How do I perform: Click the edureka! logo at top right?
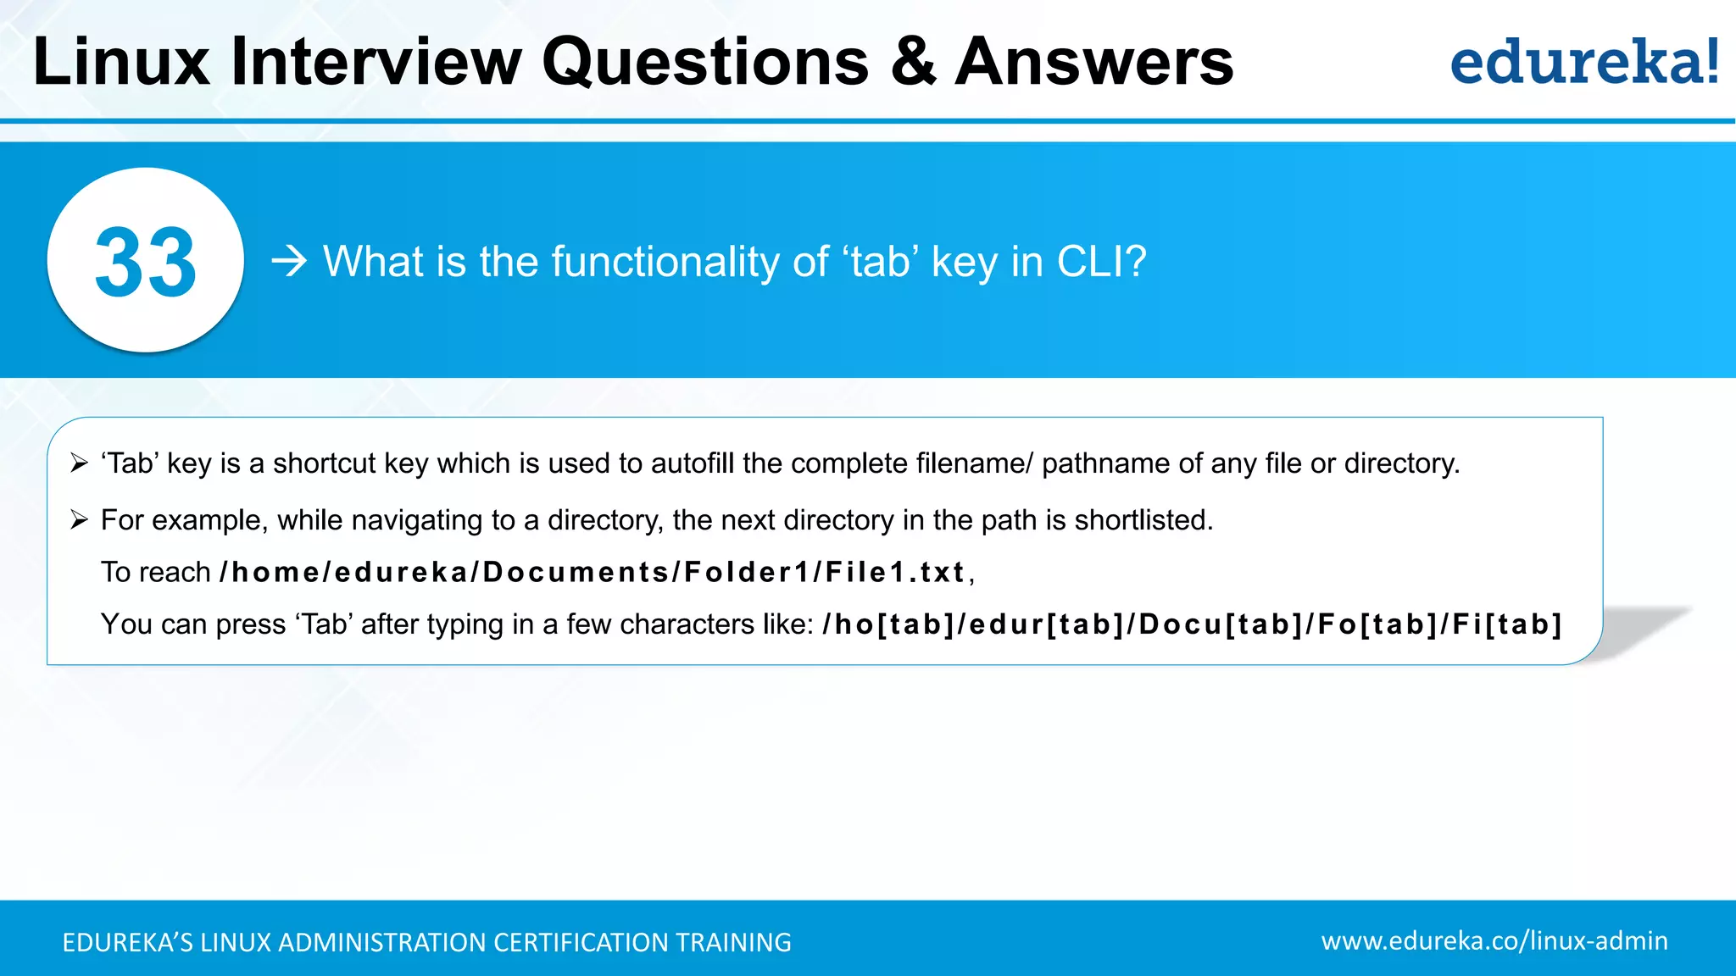pos(1583,62)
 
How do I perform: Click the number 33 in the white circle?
pos(146,262)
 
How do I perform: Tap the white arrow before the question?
pos(289,261)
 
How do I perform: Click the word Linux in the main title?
pos(121,62)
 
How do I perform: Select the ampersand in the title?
pos(913,62)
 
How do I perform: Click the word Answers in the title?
pos(1093,62)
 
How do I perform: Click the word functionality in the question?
pos(665,261)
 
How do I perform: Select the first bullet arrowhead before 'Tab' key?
pos(80,463)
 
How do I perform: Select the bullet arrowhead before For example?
pos(80,520)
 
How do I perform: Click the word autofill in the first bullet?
pos(693,463)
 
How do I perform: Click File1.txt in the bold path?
pos(895,573)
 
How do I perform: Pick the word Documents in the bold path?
pos(576,573)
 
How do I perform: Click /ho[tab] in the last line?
pos(888,624)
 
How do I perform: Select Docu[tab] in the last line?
pos(1221,624)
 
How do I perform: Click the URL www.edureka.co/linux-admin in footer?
pos(1494,941)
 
